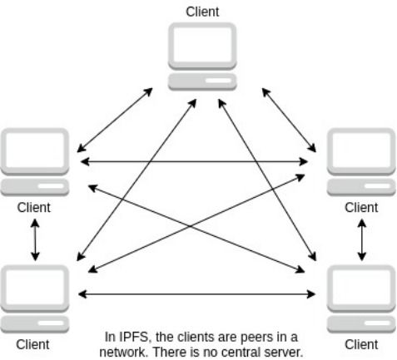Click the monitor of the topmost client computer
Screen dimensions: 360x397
tap(202, 46)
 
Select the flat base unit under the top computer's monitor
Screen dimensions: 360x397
tap(202, 81)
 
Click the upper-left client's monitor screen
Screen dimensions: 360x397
tap(34, 150)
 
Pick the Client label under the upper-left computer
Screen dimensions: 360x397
tap(34, 207)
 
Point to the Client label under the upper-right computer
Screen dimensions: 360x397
tap(360, 207)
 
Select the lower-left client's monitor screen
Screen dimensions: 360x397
tap(34, 288)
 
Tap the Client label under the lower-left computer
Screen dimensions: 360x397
tap(34, 344)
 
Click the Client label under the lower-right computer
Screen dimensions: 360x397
tap(360, 344)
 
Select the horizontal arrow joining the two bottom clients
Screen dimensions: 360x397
tap(197, 293)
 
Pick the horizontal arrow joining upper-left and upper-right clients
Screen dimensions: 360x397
tap(197, 160)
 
